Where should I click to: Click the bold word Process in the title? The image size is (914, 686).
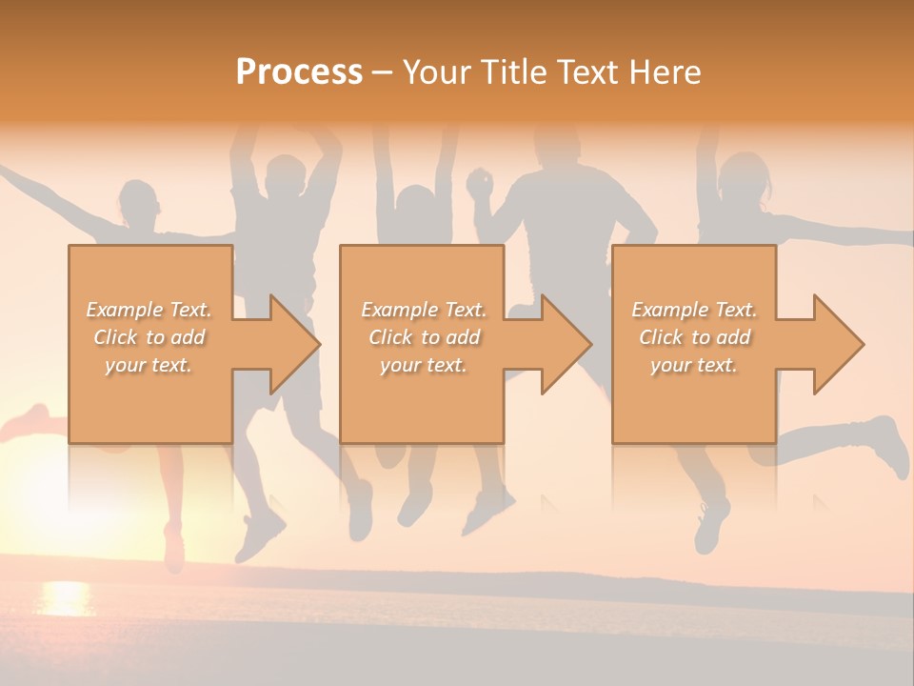299,72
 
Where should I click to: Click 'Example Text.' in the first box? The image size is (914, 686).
149,310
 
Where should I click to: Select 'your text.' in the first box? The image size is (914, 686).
149,365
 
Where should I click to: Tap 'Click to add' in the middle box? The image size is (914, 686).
424,337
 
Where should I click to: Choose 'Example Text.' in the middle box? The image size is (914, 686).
424,310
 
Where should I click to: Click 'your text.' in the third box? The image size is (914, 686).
694,365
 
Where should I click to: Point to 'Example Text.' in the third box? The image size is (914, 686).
694,310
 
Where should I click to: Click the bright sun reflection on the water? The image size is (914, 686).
65,597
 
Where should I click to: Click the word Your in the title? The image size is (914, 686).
437,72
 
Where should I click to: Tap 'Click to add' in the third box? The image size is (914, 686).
694,337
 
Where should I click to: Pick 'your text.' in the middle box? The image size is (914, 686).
424,365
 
